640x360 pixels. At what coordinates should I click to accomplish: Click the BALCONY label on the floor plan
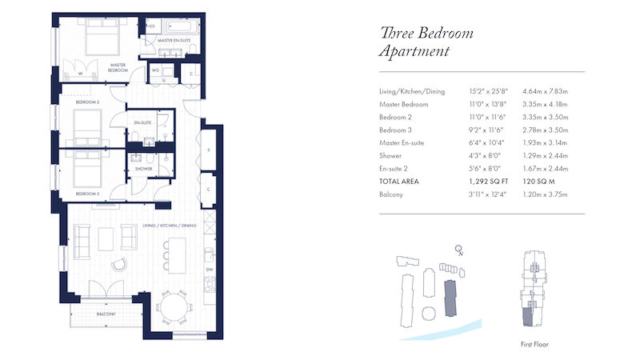pyautogui.click(x=106, y=314)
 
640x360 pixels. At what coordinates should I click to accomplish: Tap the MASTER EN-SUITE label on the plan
pyautogui.click(x=174, y=41)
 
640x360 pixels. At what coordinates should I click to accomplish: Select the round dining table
pyautogui.click(x=174, y=308)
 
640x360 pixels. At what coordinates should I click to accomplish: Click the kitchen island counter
pyautogui.click(x=177, y=256)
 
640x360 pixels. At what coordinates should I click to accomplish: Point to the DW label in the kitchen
pyautogui.click(x=210, y=270)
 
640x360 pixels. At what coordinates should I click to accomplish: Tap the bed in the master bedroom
pyautogui.click(x=103, y=37)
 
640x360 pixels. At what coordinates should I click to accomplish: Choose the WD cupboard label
pyautogui.click(x=155, y=70)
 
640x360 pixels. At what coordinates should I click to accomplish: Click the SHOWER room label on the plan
pyautogui.click(x=144, y=169)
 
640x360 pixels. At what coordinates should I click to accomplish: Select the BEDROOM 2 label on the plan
pyautogui.click(x=88, y=102)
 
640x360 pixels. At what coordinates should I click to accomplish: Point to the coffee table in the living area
pyautogui.click(x=106, y=239)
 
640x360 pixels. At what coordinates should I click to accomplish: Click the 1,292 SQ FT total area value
pyautogui.click(x=489, y=182)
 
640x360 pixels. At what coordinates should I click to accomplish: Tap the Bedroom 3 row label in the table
pyautogui.click(x=395, y=130)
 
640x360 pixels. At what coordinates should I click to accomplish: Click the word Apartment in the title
pyautogui.click(x=414, y=51)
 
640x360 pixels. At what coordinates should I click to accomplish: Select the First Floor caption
pyautogui.click(x=534, y=345)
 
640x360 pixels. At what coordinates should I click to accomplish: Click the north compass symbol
pyautogui.click(x=459, y=250)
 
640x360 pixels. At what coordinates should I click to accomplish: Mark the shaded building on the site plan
pyautogui.click(x=450, y=298)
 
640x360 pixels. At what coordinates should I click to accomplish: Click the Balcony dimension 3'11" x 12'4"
pyautogui.click(x=487, y=194)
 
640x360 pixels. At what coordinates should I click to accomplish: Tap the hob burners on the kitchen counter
pyautogui.click(x=210, y=284)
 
